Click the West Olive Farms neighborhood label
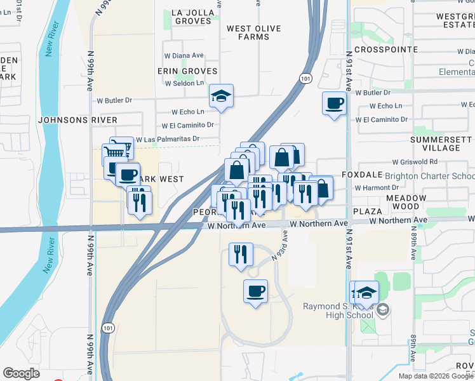[x=253, y=33]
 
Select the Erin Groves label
[x=189, y=71]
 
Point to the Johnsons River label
[x=77, y=119]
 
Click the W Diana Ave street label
[x=184, y=55]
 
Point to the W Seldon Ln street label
[x=185, y=83]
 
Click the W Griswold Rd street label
[x=415, y=162]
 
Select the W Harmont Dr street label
[x=377, y=188]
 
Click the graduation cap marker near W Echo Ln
[x=222, y=97]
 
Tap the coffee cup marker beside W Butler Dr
[x=335, y=103]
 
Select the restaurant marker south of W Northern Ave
[x=241, y=255]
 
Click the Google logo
[x=21, y=373]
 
